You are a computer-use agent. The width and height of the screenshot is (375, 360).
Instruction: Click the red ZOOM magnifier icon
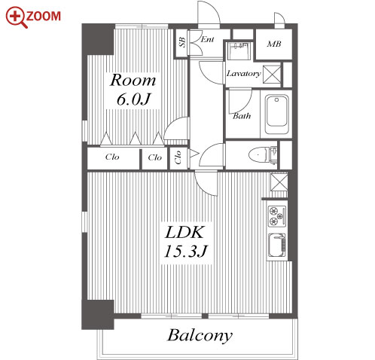[x=16, y=17]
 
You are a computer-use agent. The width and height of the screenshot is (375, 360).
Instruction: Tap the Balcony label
[x=200, y=336]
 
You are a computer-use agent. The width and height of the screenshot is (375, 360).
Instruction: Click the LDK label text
[x=184, y=232]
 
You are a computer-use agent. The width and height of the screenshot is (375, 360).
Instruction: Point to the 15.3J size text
[x=186, y=251]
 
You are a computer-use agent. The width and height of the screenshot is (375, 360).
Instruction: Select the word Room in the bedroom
[x=133, y=80]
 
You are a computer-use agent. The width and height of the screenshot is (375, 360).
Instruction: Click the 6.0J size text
[x=133, y=99]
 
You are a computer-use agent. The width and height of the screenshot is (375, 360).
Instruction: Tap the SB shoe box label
[x=182, y=42]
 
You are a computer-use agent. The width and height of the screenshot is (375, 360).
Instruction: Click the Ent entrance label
[x=208, y=39]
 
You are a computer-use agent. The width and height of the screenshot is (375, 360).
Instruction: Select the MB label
[x=274, y=44]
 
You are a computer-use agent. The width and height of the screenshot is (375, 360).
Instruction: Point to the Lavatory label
[x=243, y=74]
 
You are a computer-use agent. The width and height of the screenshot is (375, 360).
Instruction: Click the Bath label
[x=242, y=116]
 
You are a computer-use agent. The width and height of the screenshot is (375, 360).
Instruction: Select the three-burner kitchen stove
[x=277, y=216]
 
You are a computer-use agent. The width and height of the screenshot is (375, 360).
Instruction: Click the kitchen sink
[x=277, y=246]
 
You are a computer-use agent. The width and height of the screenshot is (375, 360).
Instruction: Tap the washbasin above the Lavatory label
[x=239, y=51]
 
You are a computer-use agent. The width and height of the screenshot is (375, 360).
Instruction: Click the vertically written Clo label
[x=178, y=157]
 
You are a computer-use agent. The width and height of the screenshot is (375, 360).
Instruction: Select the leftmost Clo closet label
[x=112, y=157]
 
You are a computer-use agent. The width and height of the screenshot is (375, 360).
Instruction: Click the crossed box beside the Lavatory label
[x=272, y=74]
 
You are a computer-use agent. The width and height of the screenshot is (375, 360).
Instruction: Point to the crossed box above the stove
[x=279, y=182]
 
